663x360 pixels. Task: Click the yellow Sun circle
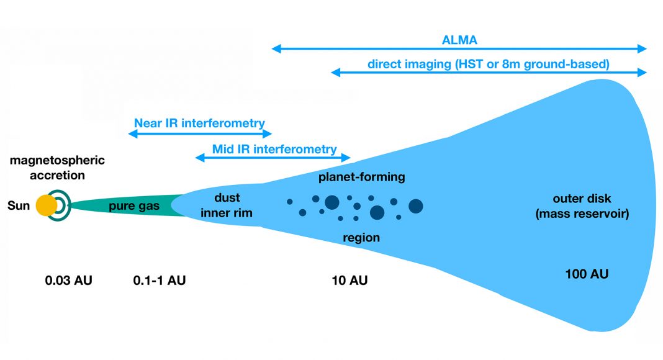coord(47,205)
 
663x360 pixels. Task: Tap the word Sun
coord(18,205)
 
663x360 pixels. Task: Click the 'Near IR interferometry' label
coord(199,123)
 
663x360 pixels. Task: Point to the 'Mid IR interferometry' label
coord(274,149)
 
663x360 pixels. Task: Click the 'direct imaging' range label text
coord(488,63)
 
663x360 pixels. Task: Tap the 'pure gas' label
coord(134,206)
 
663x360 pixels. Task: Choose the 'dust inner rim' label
coord(226,206)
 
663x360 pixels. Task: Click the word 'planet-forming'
coord(362,178)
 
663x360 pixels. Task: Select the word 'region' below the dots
coord(361,238)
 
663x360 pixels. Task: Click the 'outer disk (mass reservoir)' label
coord(582,207)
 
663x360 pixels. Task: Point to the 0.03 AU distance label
coord(68,281)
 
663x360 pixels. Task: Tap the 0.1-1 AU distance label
coord(160,281)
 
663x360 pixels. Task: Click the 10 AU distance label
coord(350,281)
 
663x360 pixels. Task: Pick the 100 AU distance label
coord(586,274)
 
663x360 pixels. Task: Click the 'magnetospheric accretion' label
coord(57,168)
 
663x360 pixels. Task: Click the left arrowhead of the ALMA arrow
coord(274,48)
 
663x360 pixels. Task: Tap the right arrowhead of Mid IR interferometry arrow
coord(348,158)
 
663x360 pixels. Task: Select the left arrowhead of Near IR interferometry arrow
coord(131,133)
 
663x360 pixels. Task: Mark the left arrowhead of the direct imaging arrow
coord(334,73)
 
